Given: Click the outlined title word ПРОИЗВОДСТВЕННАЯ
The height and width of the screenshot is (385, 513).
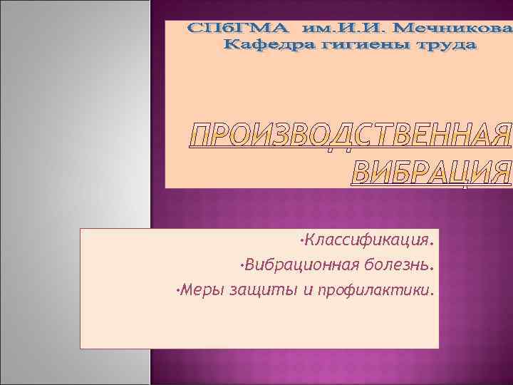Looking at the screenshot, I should click(351, 136).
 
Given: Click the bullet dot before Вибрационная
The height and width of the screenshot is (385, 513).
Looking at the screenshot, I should click(242, 264).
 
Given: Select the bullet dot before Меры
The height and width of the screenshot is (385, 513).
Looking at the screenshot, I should click(177, 289).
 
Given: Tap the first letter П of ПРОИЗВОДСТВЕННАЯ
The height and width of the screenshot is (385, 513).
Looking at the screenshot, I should click(201, 136).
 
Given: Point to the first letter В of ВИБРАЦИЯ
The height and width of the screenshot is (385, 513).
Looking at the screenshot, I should click(364, 172).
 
